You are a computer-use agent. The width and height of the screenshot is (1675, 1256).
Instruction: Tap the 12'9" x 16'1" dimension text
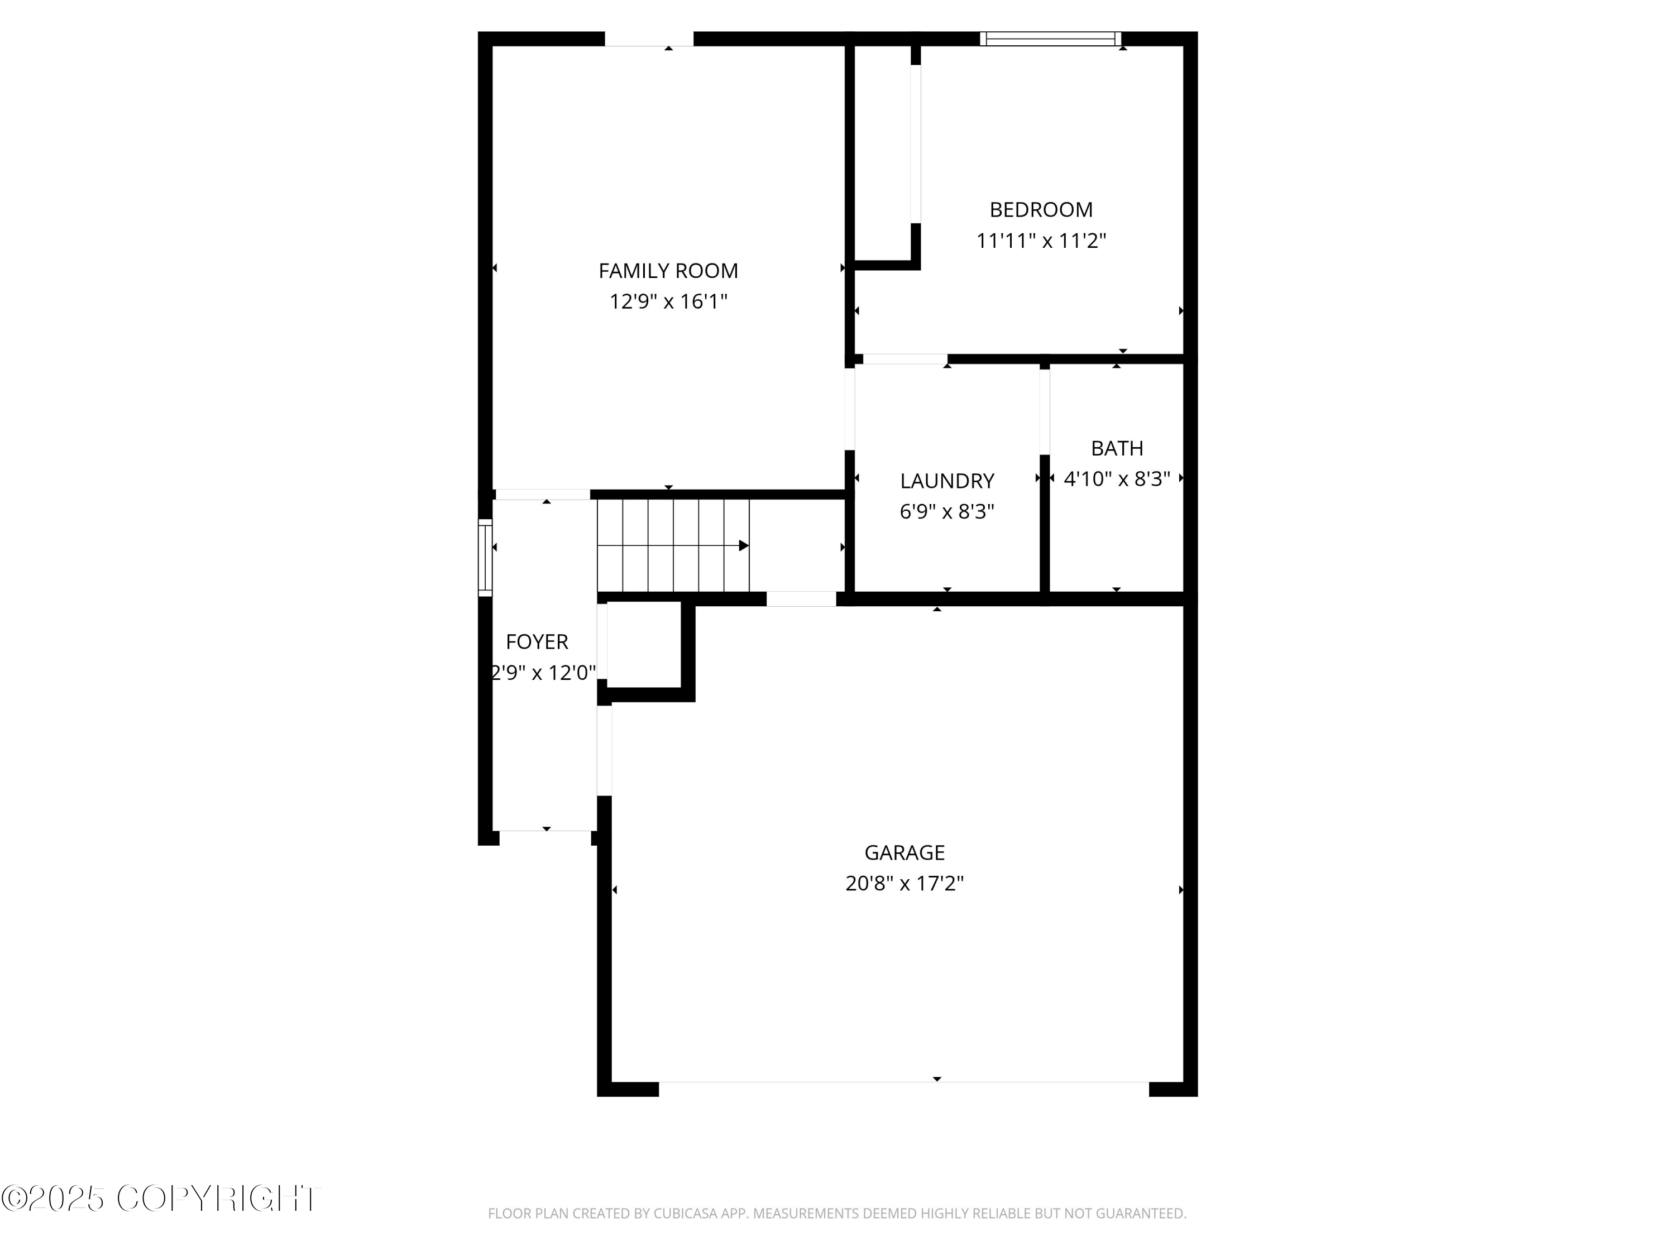(668, 302)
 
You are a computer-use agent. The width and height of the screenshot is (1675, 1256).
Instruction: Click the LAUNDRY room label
(946, 481)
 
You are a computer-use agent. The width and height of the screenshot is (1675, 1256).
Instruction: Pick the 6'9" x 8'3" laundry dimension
(946, 512)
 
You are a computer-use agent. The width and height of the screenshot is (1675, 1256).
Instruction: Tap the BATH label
(1117, 448)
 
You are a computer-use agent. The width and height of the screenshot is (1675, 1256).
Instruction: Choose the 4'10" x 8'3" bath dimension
(1117, 479)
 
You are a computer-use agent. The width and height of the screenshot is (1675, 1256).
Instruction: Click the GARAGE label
(904, 852)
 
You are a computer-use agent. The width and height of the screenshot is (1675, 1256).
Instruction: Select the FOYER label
(537, 642)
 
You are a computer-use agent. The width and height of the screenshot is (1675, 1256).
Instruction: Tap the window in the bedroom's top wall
(1050, 39)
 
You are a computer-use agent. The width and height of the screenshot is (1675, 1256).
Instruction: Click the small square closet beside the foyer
(644, 644)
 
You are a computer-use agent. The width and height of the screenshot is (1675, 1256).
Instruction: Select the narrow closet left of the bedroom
(882, 151)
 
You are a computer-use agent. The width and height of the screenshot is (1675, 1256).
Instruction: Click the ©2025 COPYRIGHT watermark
(161, 1199)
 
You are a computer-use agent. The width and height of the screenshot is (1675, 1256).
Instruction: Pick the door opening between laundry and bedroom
(905, 359)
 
